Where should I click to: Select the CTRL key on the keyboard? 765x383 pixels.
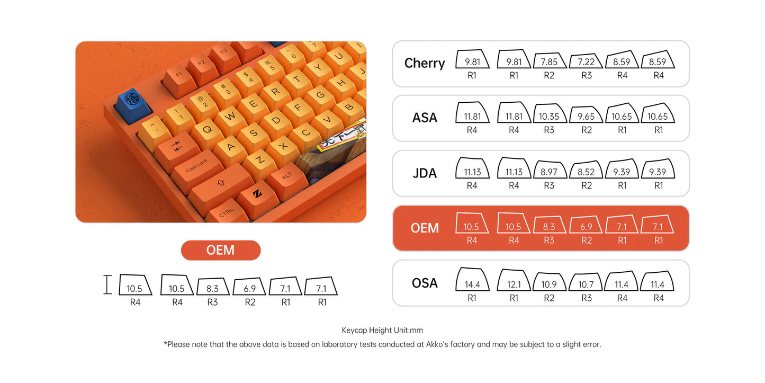(227, 212)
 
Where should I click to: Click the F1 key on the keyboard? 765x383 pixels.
(178, 74)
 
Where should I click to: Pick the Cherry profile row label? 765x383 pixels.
(425, 63)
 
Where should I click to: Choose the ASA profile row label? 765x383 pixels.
(425, 118)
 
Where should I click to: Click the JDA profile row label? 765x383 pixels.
(425, 173)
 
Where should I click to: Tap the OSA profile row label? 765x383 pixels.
(425, 283)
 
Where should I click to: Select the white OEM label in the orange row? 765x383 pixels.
(425, 228)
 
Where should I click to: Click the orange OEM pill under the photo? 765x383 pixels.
(221, 250)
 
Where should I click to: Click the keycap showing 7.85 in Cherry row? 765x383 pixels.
(549, 62)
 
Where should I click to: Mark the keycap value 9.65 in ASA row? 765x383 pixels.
(586, 117)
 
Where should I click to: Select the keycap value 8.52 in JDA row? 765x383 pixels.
(586, 172)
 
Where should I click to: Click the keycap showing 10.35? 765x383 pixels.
(549, 116)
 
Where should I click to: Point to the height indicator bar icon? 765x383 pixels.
(108, 284)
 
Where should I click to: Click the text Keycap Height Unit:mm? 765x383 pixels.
(382, 330)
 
